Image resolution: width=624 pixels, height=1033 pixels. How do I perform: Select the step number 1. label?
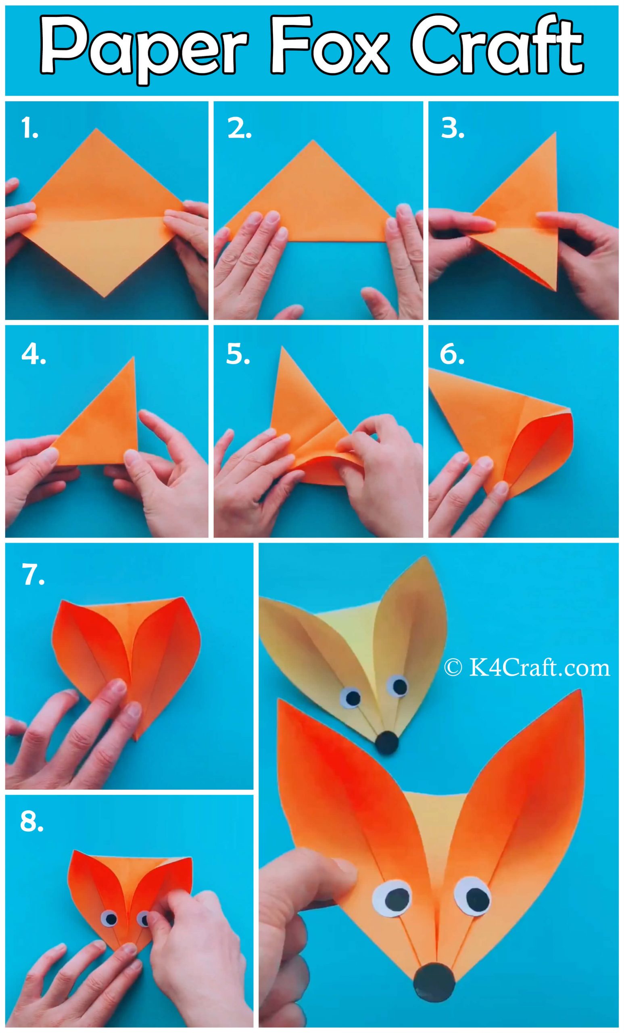coord(30,129)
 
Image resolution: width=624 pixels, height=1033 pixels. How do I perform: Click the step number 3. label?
coord(453,129)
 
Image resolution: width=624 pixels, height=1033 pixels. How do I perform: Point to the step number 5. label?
coord(238,355)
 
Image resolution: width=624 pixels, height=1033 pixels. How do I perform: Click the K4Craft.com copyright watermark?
coord(527,668)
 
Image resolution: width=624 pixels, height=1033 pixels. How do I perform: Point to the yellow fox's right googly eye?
coord(397,685)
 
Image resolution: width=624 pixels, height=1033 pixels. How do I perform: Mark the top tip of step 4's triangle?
coord(134,358)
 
